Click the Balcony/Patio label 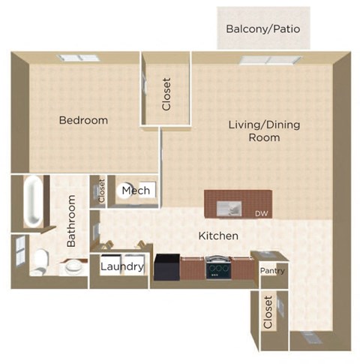point(263,30)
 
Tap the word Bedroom point(84,120)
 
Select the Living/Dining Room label point(254,131)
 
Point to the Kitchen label point(218,236)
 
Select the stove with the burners point(217,267)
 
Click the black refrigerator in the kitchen point(167,267)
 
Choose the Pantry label point(271,271)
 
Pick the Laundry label point(121,266)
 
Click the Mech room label point(136,191)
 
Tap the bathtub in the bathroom point(33,201)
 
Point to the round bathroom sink point(73,266)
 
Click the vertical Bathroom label point(72,221)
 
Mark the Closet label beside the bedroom point(166,95)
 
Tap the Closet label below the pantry point(268,311)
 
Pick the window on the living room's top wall point(270,59)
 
